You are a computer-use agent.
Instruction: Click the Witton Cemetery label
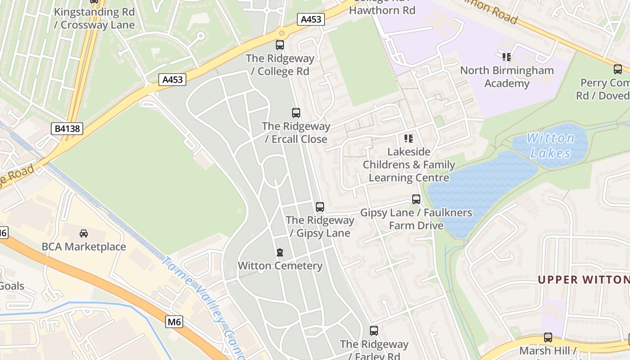[x=280, y=265]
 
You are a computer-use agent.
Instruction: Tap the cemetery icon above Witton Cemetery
[x=280, y=252]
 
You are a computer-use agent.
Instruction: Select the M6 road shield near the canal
[x=174, y=322]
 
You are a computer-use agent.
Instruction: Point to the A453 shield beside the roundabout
[x=311, y=19]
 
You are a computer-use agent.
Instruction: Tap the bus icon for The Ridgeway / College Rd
[x=280, y=45]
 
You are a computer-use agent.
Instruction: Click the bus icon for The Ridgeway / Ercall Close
[x=296, y=113]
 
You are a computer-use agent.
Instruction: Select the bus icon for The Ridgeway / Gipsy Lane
[x=320, y=207]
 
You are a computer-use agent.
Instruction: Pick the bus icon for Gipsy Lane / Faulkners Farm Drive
[x=416, y=199]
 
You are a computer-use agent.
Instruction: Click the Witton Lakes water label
[x=550, y=145]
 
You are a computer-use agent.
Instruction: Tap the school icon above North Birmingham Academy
[x=507, y=57]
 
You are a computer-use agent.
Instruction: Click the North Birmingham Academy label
[x=507, y=77]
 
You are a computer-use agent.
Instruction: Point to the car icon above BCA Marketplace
[x=84, y=233]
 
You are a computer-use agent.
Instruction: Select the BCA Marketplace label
[x=84, y=247]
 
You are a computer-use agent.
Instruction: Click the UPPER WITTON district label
[x=584, y=279]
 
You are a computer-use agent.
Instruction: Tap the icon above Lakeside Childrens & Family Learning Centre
[x=409, y=139]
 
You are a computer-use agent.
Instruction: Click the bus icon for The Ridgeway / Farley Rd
[x=374, y=331]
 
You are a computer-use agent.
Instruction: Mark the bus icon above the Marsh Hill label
[x=548, y=337]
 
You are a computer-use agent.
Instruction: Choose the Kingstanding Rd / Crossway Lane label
[x=94, y=18]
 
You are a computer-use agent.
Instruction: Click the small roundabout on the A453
[x=282, y=33]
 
